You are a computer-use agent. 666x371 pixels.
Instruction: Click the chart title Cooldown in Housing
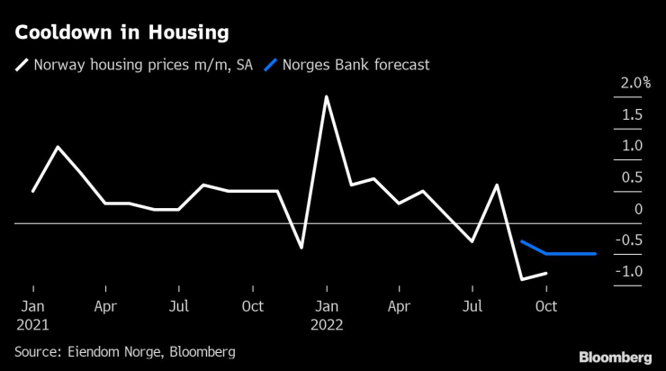pos(121,32)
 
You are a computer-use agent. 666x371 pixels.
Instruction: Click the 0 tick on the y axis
pos(637,209)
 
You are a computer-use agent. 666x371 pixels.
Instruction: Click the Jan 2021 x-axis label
pos(32,314)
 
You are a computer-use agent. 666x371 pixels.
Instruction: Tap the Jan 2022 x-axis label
pos(327,314)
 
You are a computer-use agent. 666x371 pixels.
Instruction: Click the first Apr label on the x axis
pos(105,306)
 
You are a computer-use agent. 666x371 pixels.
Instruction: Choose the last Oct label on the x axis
pos(546,306)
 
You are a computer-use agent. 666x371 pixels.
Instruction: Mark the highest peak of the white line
pos(326,96)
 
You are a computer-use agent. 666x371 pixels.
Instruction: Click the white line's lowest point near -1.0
pos(522,279)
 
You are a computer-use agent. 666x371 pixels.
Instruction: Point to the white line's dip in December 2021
pos(301,248)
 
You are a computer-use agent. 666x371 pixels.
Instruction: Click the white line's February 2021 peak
pos(58,147)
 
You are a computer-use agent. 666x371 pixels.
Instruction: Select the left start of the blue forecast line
pos(522,241)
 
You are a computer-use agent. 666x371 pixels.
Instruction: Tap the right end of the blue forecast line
pos(596,254)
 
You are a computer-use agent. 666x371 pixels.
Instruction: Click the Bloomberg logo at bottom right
pos(615,357)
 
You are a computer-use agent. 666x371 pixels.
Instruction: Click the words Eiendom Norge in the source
pos(110,351)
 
